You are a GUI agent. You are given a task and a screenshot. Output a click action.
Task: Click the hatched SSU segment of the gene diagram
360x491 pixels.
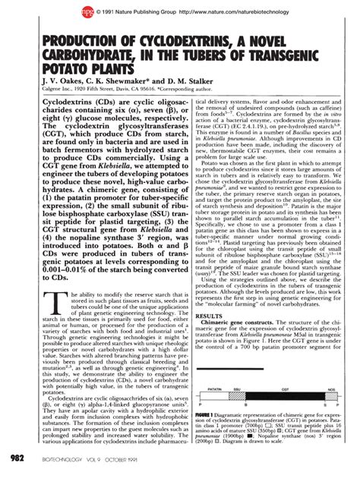pyautogui.click(x=236, y=395)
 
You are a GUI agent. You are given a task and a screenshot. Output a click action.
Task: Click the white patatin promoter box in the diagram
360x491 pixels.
pyautogui.click(x=214, y=395)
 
